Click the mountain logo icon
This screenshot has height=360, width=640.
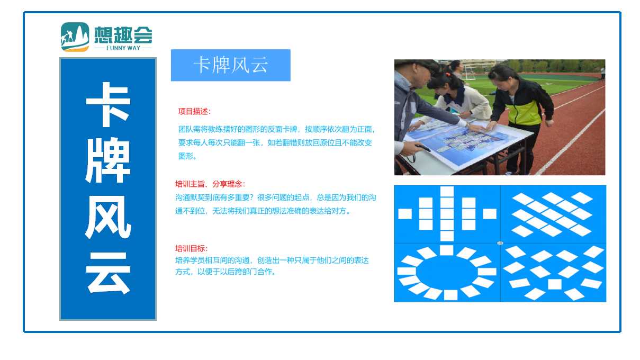[75, 37]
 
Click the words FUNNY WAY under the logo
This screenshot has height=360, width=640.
[123, 48]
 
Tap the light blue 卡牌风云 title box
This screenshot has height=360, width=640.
[231, 65]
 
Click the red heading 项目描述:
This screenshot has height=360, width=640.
[194, 111]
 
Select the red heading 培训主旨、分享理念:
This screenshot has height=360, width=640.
[210, 184]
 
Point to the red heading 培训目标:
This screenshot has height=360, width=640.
[192, 248]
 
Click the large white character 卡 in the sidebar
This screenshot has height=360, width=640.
[108, 104]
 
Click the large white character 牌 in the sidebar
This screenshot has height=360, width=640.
[108, 160]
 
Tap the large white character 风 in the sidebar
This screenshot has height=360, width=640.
[108, 217]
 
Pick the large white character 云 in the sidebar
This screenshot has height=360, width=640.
[108, 273]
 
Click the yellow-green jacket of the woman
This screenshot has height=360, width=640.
[525, 111]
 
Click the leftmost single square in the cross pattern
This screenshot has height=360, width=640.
[405, 214]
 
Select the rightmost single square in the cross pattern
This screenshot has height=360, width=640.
[490, 214]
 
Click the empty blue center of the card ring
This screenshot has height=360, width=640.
[447, 272]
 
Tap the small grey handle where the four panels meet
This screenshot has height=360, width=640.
[500, 243]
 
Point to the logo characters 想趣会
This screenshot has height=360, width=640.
[123, 35]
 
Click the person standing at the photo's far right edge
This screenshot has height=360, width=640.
[602, 74]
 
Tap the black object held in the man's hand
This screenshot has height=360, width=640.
[423, 147]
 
